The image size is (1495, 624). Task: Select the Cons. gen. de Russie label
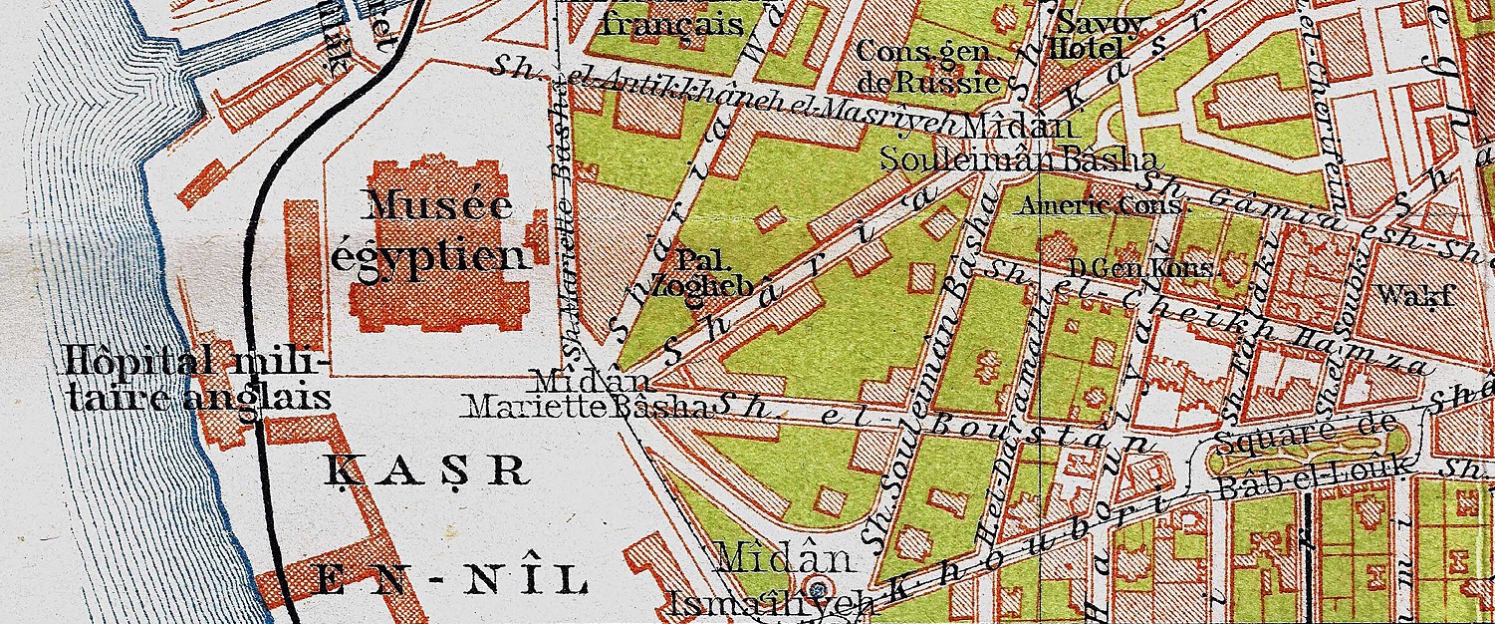click(x=927, y=66)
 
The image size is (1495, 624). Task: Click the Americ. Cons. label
click(x=1102, y=207)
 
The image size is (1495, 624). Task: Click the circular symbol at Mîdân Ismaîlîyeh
click(x=819, y=587)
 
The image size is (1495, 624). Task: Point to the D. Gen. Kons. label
click(x=1140, y=268)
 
